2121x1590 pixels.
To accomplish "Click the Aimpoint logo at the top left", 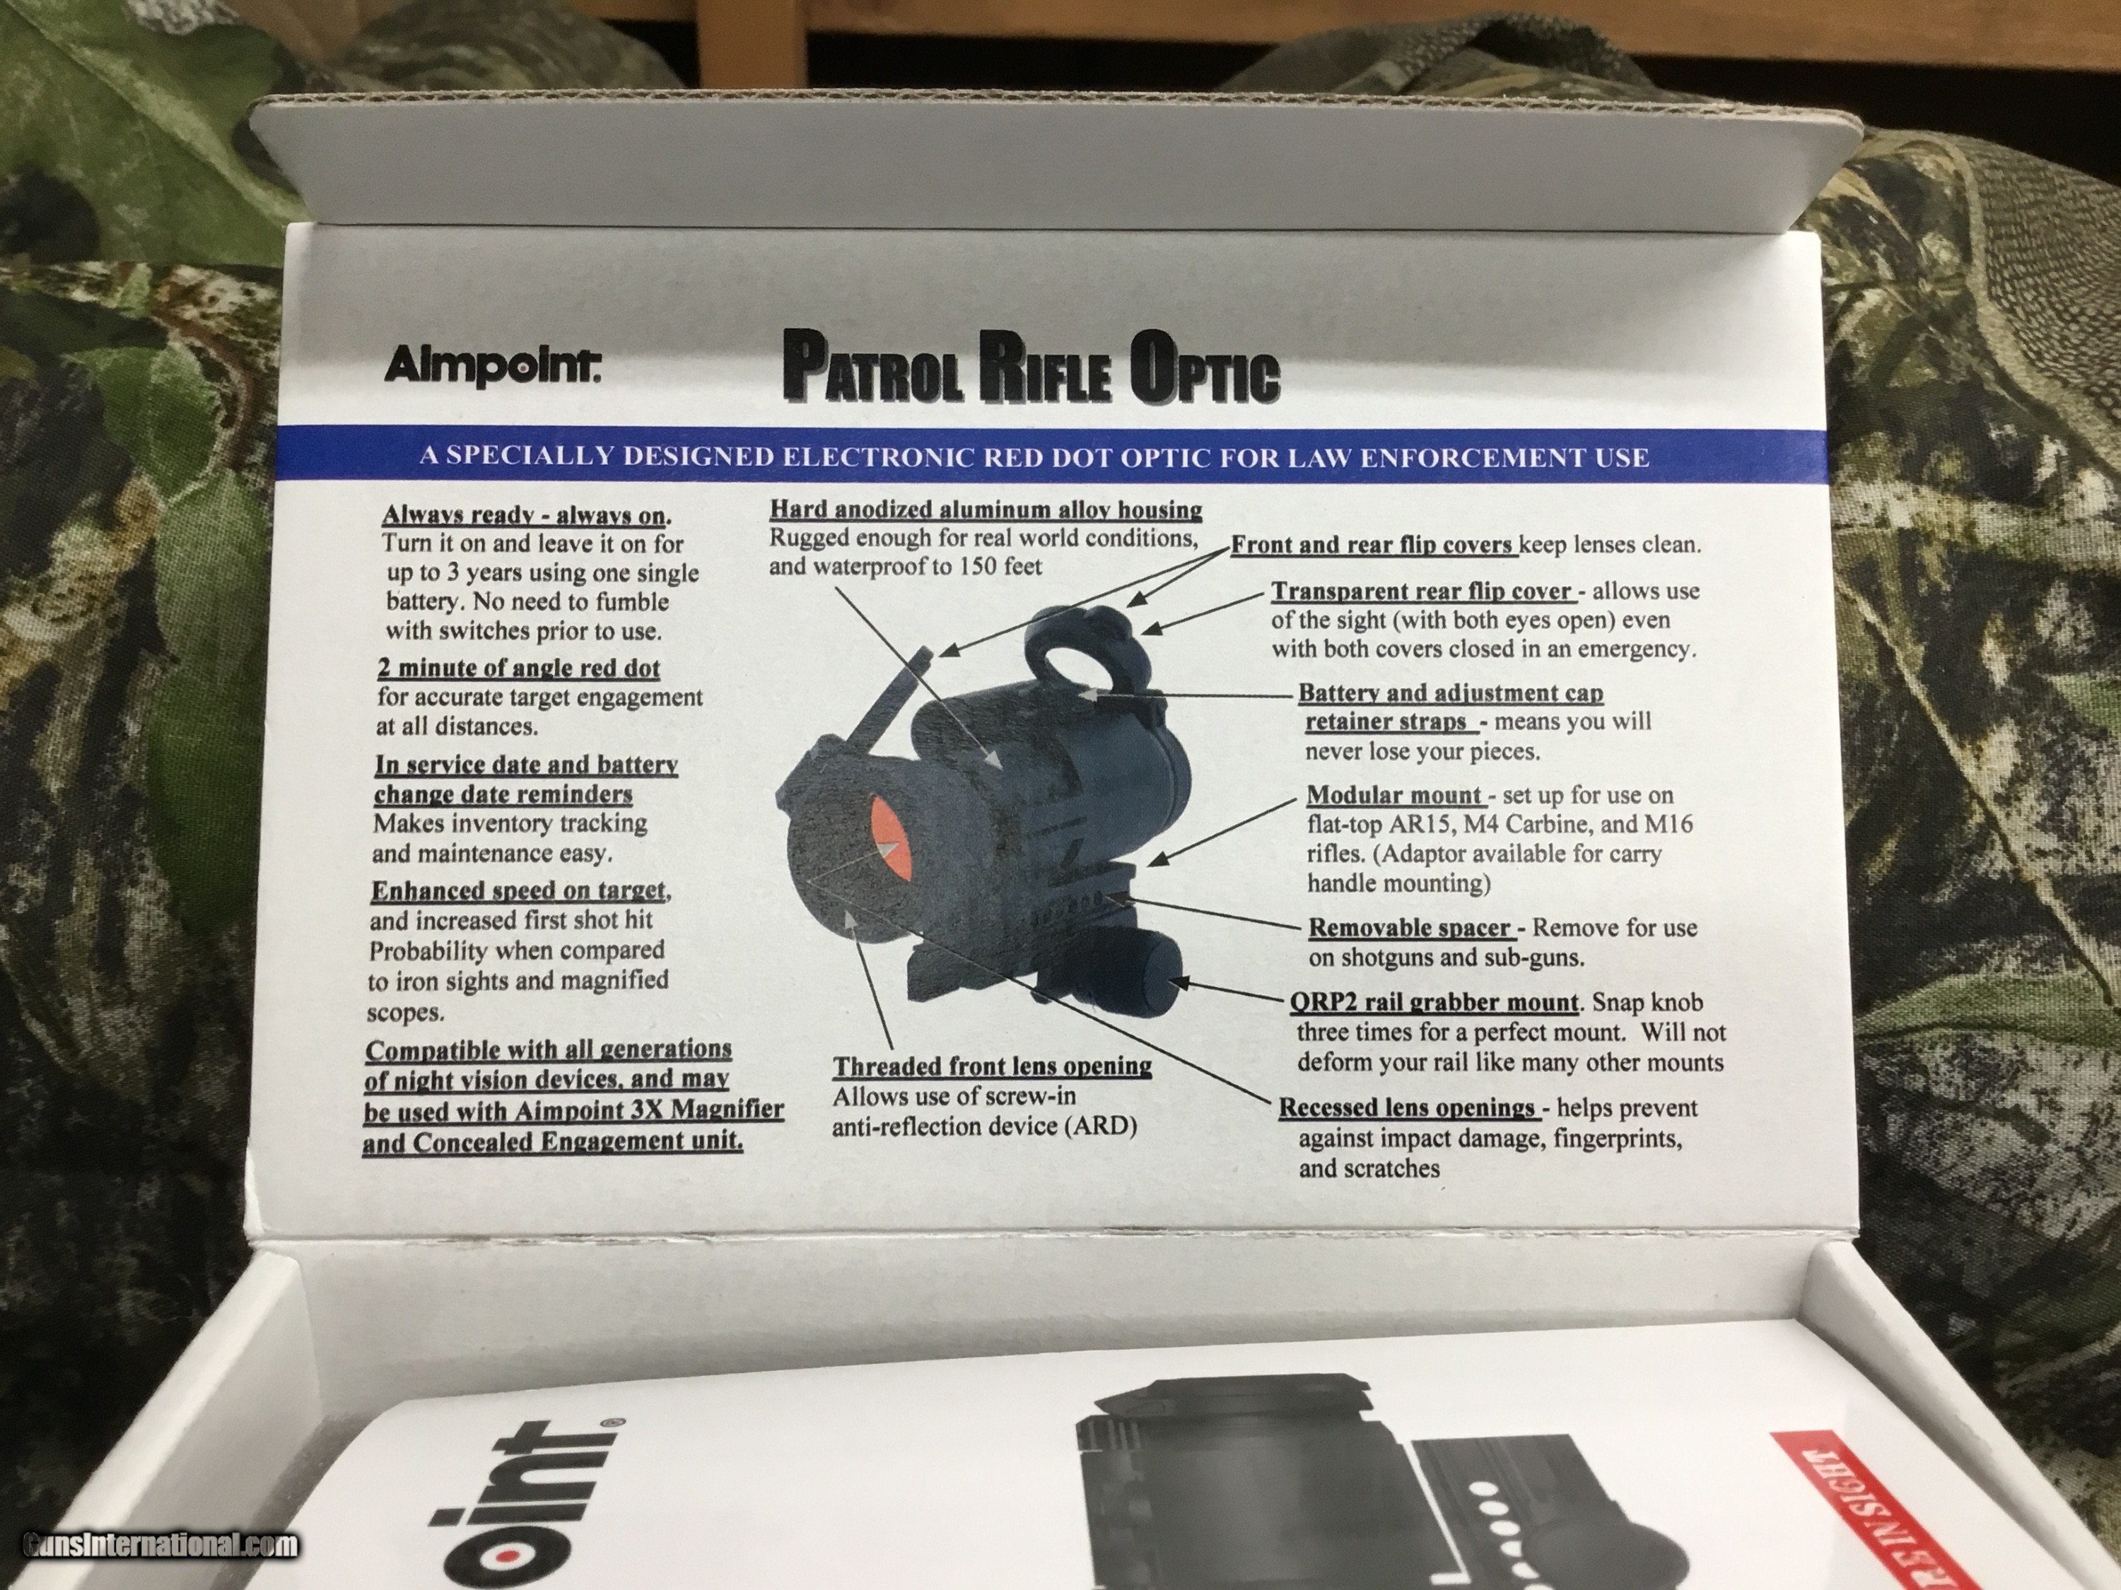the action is (492, 365).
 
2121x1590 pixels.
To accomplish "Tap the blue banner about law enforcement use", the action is (1034, 457).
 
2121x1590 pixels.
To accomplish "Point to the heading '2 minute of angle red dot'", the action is (519, 667).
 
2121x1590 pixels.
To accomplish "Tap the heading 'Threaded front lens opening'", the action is (991, 1066).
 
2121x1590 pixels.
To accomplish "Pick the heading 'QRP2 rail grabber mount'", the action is (1434, 1003).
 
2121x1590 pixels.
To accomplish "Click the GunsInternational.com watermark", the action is (160, 1545).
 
